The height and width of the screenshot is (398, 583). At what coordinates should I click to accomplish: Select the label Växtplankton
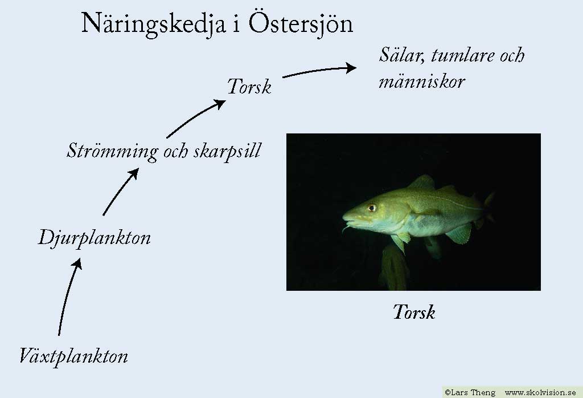pyautogui.click(x=73, y=356)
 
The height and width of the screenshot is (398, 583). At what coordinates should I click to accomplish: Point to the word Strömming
pyautogui.click(x=112, y=152)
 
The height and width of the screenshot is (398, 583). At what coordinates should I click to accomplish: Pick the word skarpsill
pyautogui.click(x=228, y=152)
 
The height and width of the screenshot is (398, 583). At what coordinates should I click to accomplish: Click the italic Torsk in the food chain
pyautogui.click(x=249, y=86)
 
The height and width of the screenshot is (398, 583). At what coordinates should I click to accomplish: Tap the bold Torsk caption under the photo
pyautogui.click(x=414, y=312)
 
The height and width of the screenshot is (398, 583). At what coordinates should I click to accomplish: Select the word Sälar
pyautogui.click(x=402, y=55)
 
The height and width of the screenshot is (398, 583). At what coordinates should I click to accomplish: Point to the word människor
pyautogui.click(x=422, y=81)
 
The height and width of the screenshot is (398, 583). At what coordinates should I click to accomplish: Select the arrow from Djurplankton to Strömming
pyautogui.click(x=120, y=192)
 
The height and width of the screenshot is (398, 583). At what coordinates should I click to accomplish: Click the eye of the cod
pyautogui.click(x=371, y=208)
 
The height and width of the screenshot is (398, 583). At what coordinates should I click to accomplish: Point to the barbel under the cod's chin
pyautogui.click(x=346, y=228)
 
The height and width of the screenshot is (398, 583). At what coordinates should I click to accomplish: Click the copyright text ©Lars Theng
pyautogui.click(x=470, y=392)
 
